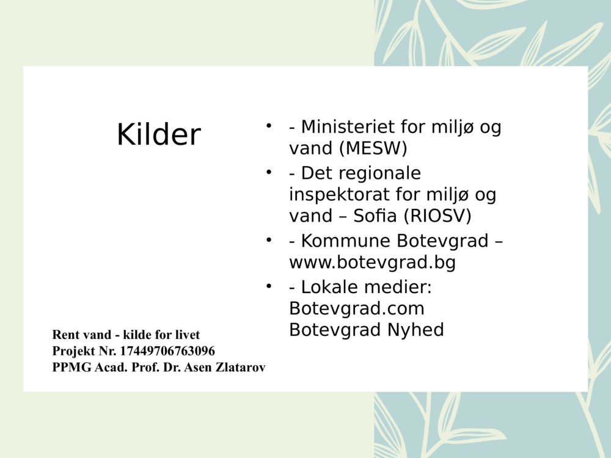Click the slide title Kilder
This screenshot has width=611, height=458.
pos(159,134)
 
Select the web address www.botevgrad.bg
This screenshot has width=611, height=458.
pos(373,263)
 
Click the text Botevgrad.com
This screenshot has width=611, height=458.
pos(357,308)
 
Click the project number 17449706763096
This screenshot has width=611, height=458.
pos(167,351)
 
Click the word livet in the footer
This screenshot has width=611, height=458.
pos(187,335)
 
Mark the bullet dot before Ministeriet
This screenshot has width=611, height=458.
pos(268,126)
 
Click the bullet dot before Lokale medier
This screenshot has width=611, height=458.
pos(268,285)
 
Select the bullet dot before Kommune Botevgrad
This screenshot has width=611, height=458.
pos(268,239)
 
